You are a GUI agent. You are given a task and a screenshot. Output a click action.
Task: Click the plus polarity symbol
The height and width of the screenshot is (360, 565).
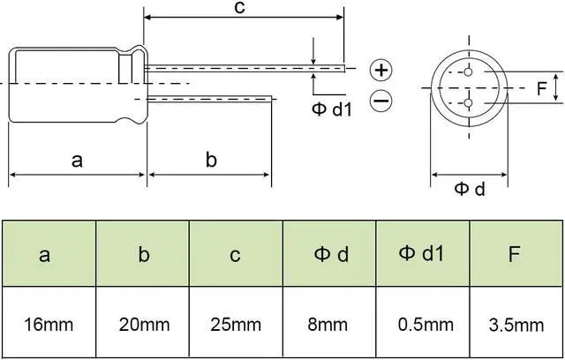380,70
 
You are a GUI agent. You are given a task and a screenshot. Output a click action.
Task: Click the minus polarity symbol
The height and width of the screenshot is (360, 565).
380,101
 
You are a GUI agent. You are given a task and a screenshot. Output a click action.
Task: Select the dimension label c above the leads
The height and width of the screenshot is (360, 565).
239,8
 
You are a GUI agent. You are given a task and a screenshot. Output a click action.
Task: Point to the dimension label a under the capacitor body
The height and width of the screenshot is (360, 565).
77,160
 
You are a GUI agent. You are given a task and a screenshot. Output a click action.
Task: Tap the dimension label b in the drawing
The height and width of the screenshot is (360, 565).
211,160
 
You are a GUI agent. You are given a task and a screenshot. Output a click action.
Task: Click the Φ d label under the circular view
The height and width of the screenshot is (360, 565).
470,189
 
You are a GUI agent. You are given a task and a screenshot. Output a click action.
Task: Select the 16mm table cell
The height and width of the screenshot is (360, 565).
49,324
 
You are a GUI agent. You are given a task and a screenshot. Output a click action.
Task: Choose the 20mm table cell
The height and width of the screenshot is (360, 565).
142,324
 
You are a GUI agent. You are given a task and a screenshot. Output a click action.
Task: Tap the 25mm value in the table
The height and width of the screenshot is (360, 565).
236,324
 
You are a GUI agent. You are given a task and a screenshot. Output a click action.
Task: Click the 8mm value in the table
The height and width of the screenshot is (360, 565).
329,324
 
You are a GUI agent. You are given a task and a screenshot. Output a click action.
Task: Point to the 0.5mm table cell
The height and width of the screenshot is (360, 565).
422,324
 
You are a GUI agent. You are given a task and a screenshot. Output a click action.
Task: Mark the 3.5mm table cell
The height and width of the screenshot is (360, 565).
516,324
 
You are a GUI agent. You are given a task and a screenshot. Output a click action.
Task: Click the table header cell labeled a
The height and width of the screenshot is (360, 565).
49,255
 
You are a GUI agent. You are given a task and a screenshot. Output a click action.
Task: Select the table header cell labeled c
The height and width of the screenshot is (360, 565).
236,255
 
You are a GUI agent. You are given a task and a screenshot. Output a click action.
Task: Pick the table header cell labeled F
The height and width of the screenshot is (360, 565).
516,255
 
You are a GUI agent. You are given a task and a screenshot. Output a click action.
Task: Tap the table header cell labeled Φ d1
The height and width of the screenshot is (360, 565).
422,254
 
